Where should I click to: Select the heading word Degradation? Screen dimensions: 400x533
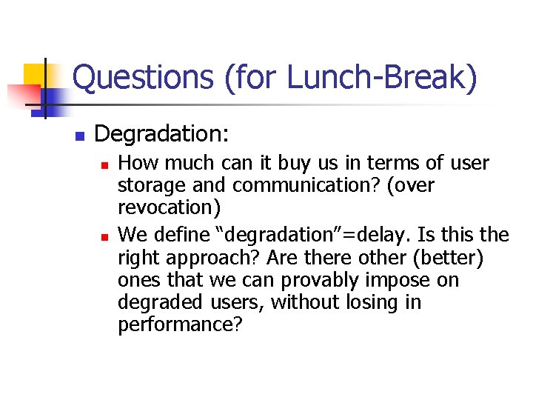coord(162,134)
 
